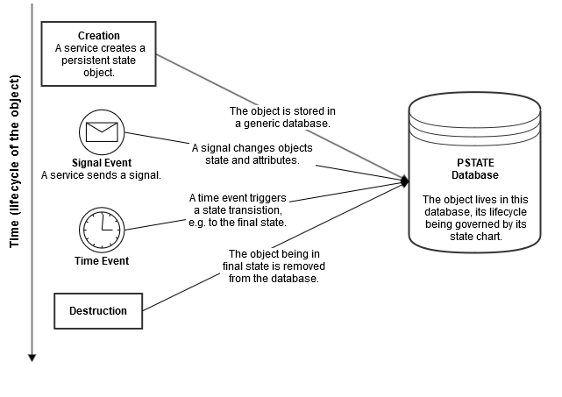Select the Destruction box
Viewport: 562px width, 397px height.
98,310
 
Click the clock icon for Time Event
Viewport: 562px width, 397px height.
101,230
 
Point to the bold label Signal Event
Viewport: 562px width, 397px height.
101,162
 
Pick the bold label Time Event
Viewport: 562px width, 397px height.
101,260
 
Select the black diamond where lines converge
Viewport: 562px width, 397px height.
405,181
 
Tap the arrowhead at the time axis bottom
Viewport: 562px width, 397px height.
32,356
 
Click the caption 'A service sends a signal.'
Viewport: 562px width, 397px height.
101,175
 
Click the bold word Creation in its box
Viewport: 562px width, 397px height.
98,36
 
